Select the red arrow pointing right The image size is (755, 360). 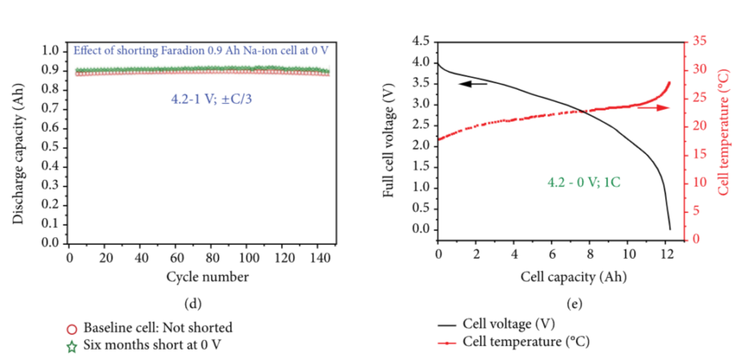[x=653, y=108]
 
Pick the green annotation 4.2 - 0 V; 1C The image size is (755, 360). [x=583, y=181]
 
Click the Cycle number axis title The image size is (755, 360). [x=201, y=277]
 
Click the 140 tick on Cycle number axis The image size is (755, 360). [x=320, y=258]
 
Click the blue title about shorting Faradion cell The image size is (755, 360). [x=199, y=51]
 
